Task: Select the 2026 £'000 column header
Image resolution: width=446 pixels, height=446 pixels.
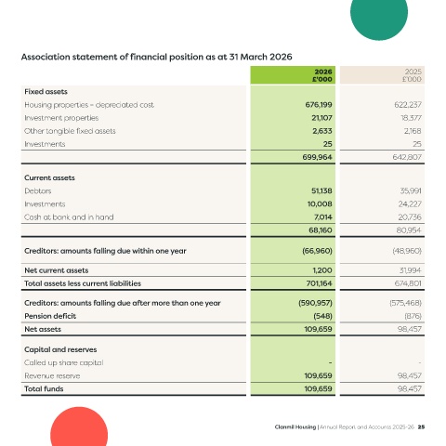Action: coord(322,75)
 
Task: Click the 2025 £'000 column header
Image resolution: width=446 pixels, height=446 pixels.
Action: coord(412,75)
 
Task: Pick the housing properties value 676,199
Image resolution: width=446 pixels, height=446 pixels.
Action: coord(319,105)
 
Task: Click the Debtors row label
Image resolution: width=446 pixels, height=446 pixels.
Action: coord(38,190)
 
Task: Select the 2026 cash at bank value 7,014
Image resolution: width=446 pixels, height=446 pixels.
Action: coord(322,217)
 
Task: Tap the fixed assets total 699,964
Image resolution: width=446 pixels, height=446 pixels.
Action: coord(317,157)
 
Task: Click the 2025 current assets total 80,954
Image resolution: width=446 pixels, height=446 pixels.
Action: coord(409,230)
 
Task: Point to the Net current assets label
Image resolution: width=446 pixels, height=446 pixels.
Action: coord(57,270)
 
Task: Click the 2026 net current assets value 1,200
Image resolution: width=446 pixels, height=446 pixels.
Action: coord(322,270)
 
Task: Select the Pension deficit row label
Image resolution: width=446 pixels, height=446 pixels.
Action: coord(50,316)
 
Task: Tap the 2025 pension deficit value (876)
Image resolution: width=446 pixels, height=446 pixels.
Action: coord(413,316)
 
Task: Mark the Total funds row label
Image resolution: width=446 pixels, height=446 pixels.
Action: coord(44,388)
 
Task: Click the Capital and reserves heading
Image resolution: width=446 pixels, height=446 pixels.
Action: coord(60,349)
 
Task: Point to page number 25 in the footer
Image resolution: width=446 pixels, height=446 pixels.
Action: coord(421,426)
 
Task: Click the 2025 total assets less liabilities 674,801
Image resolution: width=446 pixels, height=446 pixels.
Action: coord(408,283)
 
